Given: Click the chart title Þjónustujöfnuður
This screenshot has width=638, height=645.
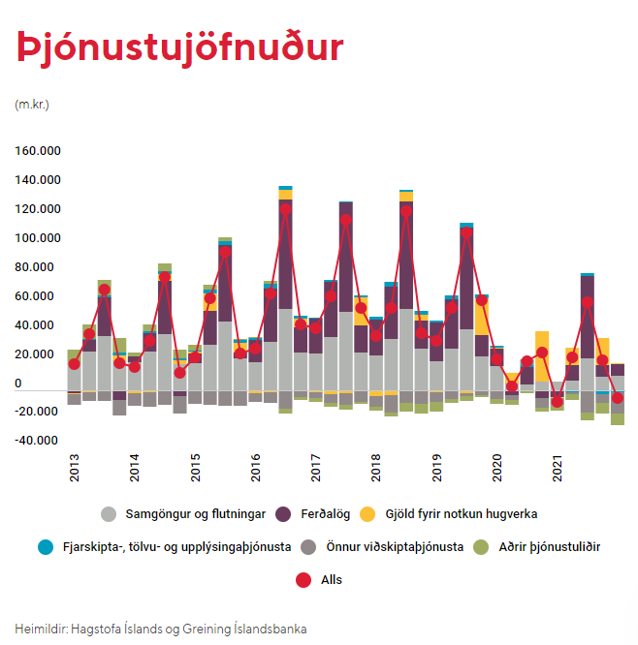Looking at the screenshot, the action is click(x=180, y=48).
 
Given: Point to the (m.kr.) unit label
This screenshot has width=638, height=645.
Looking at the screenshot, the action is click(x=32, y=105).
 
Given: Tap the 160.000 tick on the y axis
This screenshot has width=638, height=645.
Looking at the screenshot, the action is click(x=38, y=151).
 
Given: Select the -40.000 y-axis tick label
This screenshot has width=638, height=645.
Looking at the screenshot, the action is click(x=36, y=441).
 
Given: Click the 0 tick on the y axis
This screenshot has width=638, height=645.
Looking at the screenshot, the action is click(x=18, y=384).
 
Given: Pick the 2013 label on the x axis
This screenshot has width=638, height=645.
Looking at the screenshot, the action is click(x=74, y=468).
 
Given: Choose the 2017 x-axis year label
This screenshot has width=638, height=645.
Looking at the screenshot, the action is click(x=315, y=468).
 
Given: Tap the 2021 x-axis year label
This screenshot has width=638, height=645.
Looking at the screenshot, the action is click(x=557, y=468).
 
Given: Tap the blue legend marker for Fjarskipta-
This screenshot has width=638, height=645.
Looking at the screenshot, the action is click(x=46, y=547).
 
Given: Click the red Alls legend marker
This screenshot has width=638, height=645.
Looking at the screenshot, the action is click(x=303, y=580).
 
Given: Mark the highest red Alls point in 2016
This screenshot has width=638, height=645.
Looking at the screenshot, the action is click(x=285, y=209).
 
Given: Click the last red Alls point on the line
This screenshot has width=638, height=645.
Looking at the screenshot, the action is click(x=618, y=398).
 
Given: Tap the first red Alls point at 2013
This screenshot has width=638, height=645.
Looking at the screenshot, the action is click(x=74, y=364).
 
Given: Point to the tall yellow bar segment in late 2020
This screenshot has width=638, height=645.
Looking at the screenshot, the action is click(x=542, y=356).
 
